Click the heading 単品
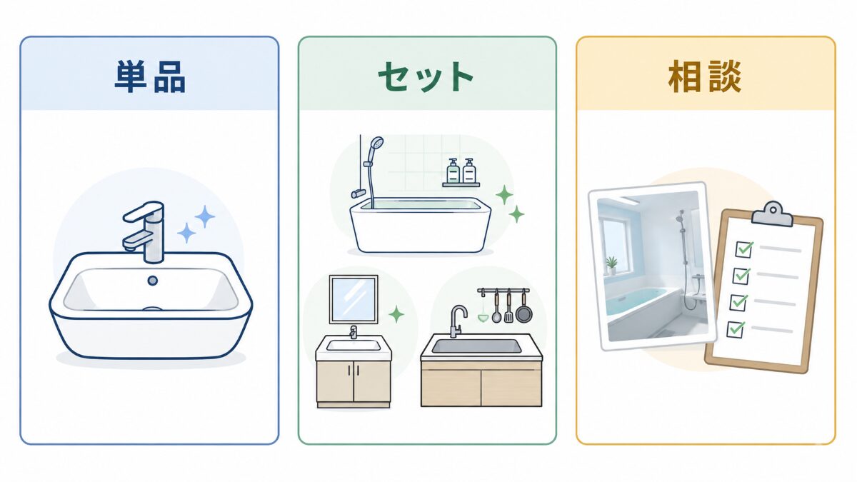(x=150, y=76)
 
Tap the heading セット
(x=426, y=76)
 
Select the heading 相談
(x=704, y=76)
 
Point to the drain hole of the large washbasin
(x=153, y=281)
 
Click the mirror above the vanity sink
(x=354, y=299)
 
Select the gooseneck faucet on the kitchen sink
(x=456, y=321)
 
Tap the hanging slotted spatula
(x=508, y=307)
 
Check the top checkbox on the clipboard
(x=743, y=249)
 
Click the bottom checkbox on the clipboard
(x=735, y=330)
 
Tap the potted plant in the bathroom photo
(x=611, y=266)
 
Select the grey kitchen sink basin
(x=476, y=346)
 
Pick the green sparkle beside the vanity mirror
(x=396, y=314)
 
